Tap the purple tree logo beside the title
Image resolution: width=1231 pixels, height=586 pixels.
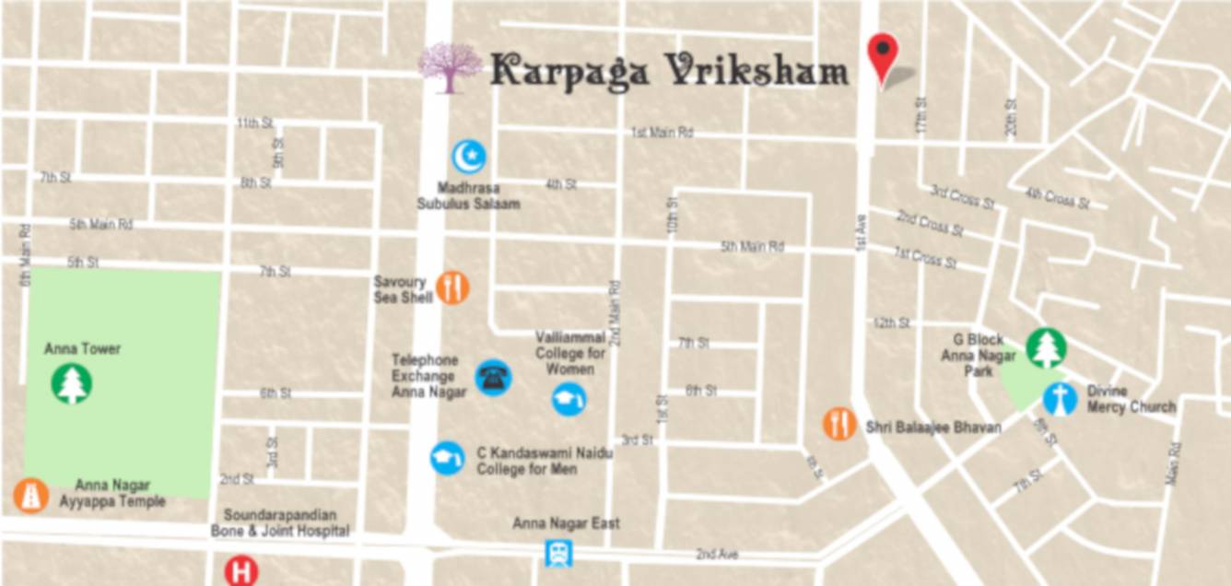coord(450,68)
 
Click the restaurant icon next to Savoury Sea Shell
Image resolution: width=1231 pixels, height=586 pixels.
coord(452,288)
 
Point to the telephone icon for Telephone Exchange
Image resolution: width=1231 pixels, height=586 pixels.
coord(493,377)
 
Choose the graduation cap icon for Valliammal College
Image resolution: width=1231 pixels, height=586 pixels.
coord(569,399)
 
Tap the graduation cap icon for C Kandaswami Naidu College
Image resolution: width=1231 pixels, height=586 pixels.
coord(447,458)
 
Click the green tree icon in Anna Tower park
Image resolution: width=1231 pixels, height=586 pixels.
coord(72,383)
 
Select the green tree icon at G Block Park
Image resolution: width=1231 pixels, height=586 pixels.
coord(1046,348)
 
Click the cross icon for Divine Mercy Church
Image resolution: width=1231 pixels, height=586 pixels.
coord(1061,399)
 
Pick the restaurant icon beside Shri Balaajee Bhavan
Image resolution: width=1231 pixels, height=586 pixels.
coord(839,425)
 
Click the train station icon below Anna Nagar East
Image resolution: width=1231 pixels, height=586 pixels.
coord(558,553)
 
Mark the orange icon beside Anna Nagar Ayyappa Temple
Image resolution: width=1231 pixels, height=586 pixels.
coord(31,496)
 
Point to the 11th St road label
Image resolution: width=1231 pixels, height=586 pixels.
coord(255,123)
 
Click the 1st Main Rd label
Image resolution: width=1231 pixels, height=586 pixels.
coord(662,133)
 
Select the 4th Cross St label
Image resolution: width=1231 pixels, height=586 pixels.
coord(1057,197)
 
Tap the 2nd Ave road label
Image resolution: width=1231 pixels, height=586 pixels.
coord(718,555)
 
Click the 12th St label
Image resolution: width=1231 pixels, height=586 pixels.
coord(891,323)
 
